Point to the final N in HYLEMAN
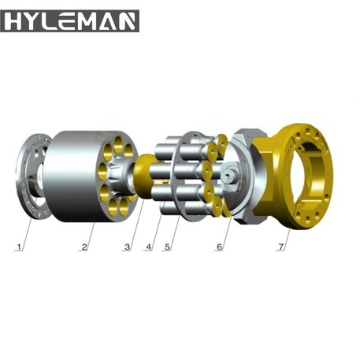point(130,21)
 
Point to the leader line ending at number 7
point(287,237)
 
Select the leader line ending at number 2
point(89,236)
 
